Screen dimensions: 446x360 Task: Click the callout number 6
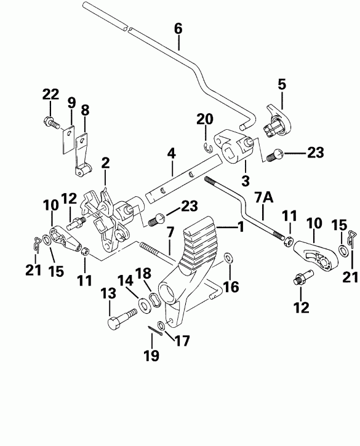[x=178, y=28]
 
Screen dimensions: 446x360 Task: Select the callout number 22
[x=50, y=94]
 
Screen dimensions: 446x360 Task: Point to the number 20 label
[x=204, y=119]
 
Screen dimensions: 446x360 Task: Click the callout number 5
[x=282, y=84]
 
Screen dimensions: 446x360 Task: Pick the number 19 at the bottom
[x=151, y=355]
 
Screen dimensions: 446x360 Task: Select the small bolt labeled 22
[x=50, y=123]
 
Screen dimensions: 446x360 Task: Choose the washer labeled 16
[x=229, y=257]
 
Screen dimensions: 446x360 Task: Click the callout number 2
[x=105, y=163]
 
